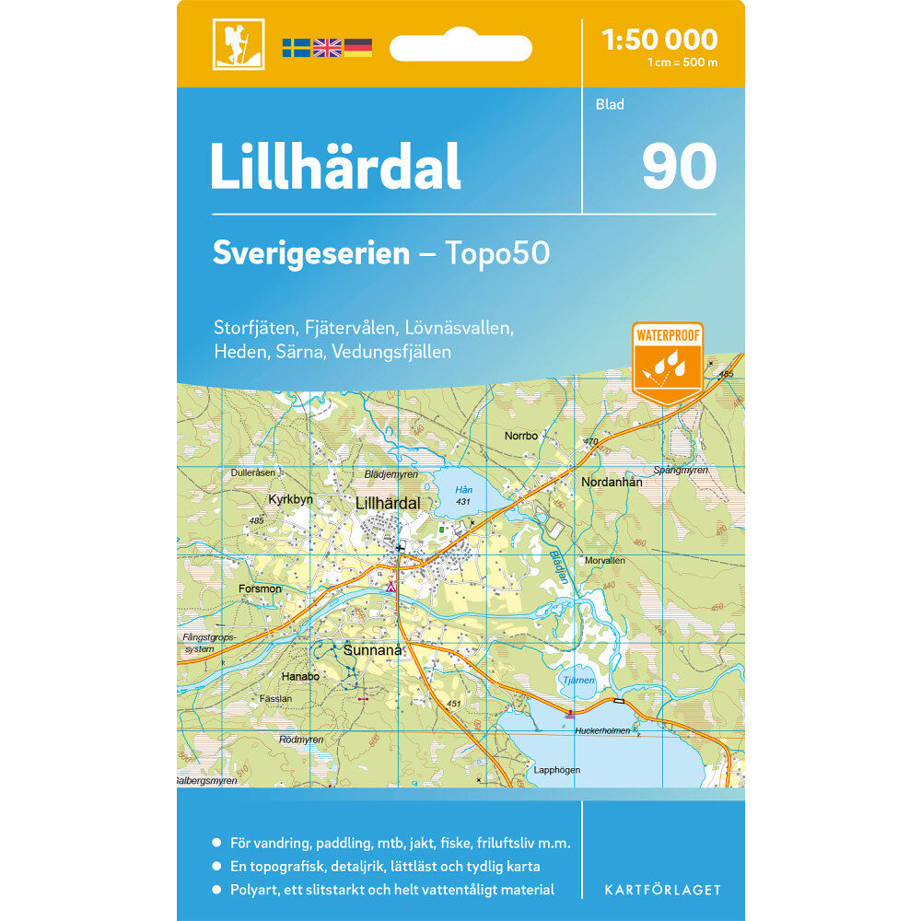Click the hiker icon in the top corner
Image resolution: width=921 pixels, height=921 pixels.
(x=238, y=44)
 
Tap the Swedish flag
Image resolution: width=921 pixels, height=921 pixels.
(x=297, y=47)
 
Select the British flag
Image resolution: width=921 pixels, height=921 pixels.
(x=327, y=47)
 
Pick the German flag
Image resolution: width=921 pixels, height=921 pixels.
(x=357, y=47)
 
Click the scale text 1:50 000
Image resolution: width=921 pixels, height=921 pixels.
(x=659, y=40)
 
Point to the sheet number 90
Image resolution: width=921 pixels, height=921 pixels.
(x=679, y=166)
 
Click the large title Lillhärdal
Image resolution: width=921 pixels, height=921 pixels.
(x=335, y=166)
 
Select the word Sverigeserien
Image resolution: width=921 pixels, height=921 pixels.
(x=310, y=253)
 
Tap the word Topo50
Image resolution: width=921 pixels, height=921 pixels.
(x=498, y=253)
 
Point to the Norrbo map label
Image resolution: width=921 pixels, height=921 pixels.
(x=520, y=436)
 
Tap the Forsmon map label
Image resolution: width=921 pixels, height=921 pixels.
(x=259, y=589)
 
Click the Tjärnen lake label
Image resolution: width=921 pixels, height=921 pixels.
(x=577, y=681)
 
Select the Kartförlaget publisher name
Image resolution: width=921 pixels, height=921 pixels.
(x=662, y=890)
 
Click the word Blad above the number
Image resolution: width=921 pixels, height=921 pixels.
(x=610, y=105)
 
